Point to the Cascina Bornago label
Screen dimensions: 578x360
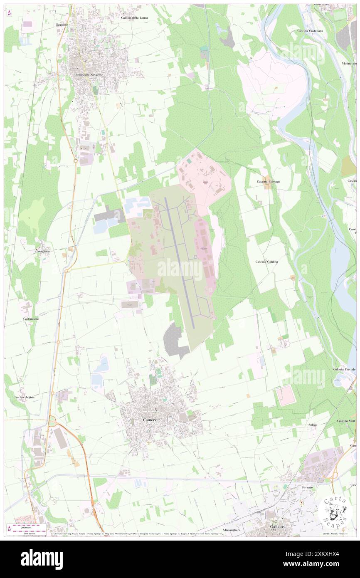click(268, 182)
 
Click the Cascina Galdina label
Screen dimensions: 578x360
click(266, 262)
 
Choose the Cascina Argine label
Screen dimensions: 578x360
click(24, 397)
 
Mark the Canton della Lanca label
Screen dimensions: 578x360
click(134, 18)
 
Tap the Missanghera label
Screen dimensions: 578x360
click(232, 530)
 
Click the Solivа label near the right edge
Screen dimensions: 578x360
click(313, 425)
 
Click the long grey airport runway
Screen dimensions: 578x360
click(180, 262)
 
